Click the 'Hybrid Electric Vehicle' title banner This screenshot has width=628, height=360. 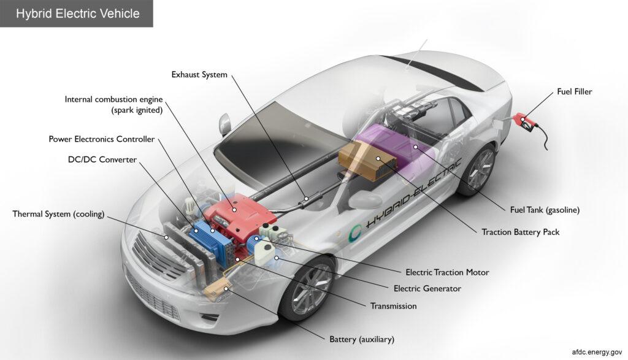pyautogui.click(x=77, y=13)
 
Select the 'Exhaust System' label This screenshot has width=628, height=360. pyautogui.click(x=199, y=75)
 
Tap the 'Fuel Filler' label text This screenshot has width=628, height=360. pyautogui.click(x=574, y=92)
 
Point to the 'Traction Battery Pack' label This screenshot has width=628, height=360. pyautogui.click(x=520, y=232)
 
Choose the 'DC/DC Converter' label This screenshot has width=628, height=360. pyautogui.click(x=102, y=160)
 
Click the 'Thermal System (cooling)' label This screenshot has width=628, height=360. pyautogui.click(x=59, y=214)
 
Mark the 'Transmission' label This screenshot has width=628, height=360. pyautogui.click(x=393, y=305)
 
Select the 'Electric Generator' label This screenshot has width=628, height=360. pyautogui.click(x=427, y=288)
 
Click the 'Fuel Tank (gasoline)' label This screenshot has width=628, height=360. pyautogui.click(x=545, y=210)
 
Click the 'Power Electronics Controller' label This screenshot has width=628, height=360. pyautogui.click(x=102, y=139)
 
